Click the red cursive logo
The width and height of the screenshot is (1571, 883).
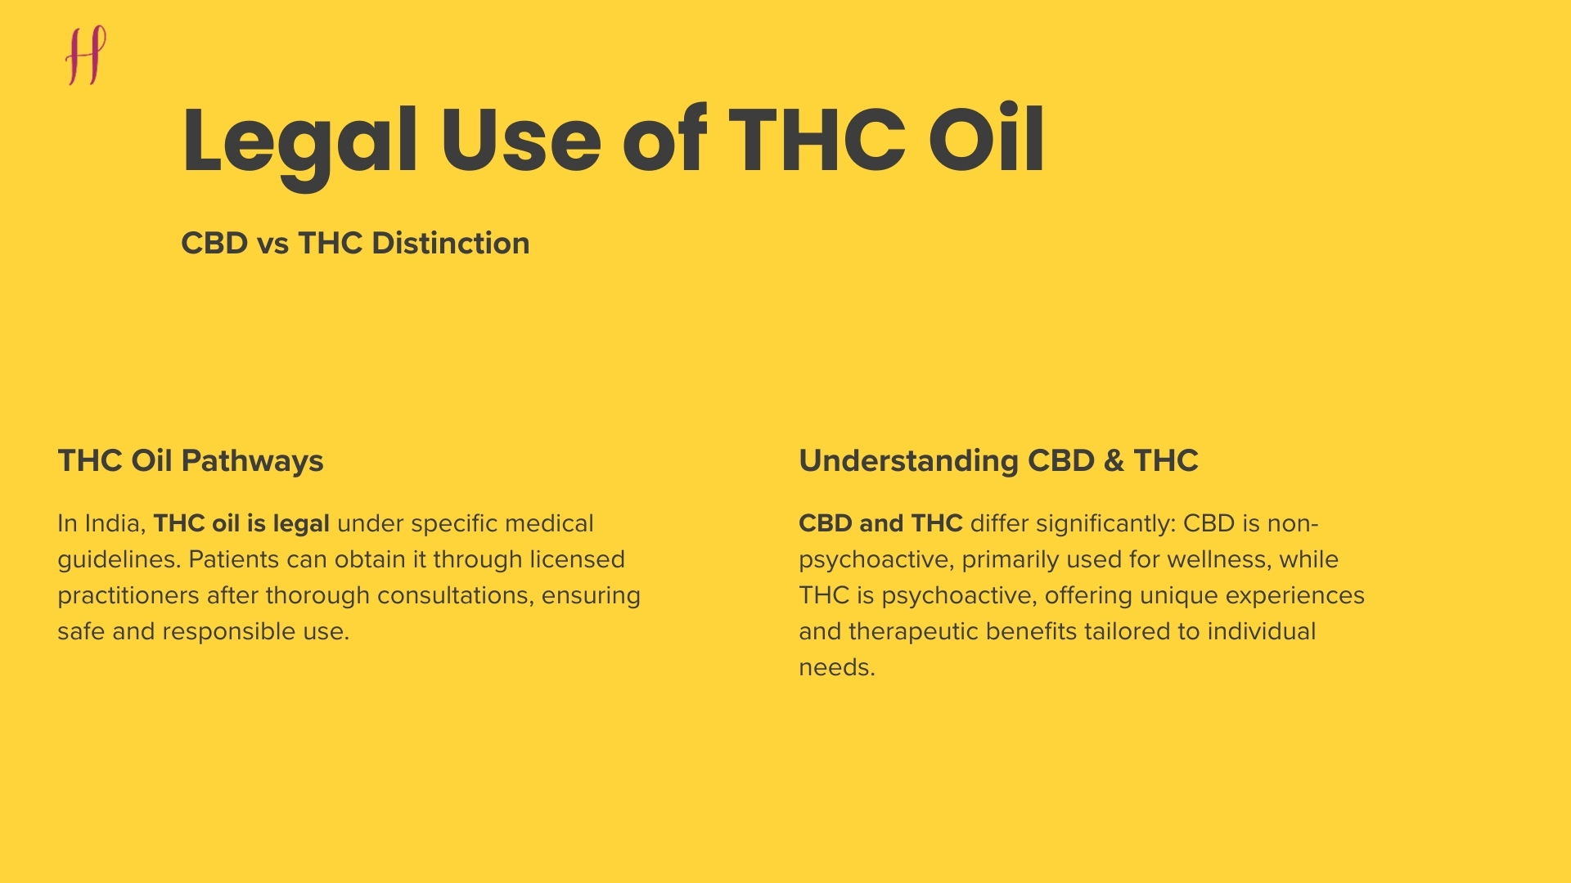(86, 55)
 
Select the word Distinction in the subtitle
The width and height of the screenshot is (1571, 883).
(450, 244)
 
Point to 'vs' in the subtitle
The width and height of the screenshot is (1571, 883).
(272, 244)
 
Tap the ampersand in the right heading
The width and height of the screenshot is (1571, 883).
(1114, 461)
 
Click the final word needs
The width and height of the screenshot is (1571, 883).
(835, 668)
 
